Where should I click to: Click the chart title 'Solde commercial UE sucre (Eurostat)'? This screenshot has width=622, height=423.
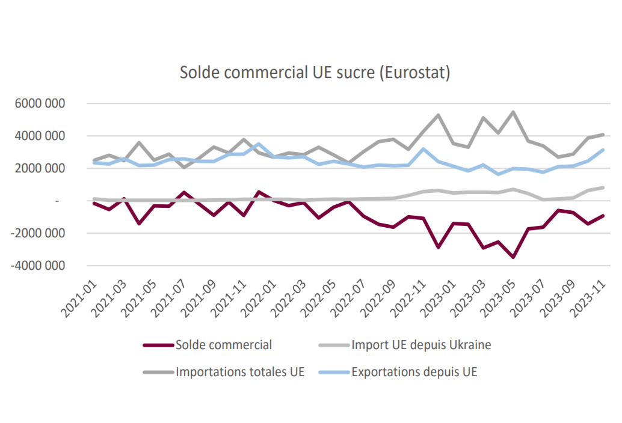(x=315, y=73)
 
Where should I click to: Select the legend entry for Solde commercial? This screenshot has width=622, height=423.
(x=208, y=345)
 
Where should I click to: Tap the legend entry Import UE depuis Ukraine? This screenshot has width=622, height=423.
(x=405, y=345)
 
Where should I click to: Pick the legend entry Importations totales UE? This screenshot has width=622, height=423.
(x=224, y=372)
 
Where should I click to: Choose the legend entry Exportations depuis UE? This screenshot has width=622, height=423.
(x=398, y=372)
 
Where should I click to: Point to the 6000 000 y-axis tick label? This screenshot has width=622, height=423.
(x=40, y=103)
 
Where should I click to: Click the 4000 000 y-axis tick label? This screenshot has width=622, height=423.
(x=40, y=136)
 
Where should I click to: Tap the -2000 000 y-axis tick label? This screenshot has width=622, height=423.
(x=38, y=233)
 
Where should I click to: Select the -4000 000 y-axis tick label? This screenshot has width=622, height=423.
(x=38, y=266)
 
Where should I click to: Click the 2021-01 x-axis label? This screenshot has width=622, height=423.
(x=79, y=299)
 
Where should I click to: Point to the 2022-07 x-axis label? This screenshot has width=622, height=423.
(x=348, y=299)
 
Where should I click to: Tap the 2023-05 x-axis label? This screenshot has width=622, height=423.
(x=498, y=299)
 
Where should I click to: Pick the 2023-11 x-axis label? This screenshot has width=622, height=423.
(x=588, y=299)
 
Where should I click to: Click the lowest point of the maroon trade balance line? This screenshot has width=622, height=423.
(x=513, y=257)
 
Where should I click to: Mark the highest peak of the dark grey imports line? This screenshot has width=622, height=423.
(x=513, y=112)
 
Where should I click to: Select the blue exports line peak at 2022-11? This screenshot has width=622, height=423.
(x=423, y=149)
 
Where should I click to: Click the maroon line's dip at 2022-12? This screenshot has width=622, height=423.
(x=439, y=248)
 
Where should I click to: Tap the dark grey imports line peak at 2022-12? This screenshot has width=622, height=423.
(x=439, y=115)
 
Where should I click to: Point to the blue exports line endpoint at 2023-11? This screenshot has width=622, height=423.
(x=603, y=150)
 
